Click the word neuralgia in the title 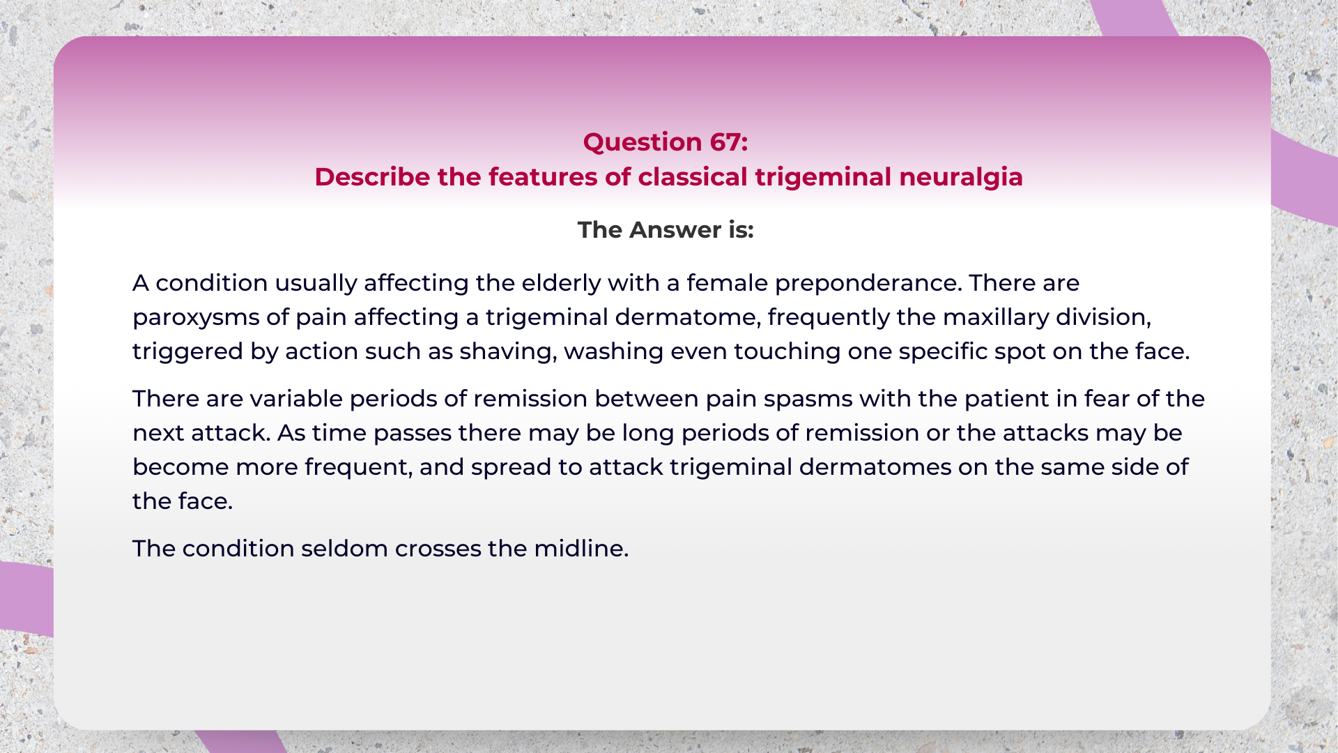click(x=960, y=177)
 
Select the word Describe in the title click(x=372, y=177)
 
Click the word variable click(x=295, y=399)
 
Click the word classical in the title click(x=693, y=177)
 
